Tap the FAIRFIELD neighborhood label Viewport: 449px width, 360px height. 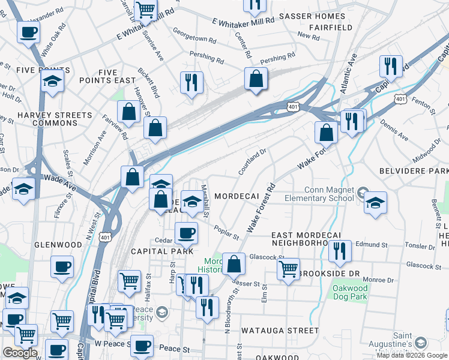[330, 28]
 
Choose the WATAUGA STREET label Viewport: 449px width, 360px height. [280, 331]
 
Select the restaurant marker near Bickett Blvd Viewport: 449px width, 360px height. [191, 83]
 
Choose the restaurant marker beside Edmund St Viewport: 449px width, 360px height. [340, 251]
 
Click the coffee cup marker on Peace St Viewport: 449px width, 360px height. [142, 345]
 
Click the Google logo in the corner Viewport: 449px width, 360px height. [20, 353]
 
